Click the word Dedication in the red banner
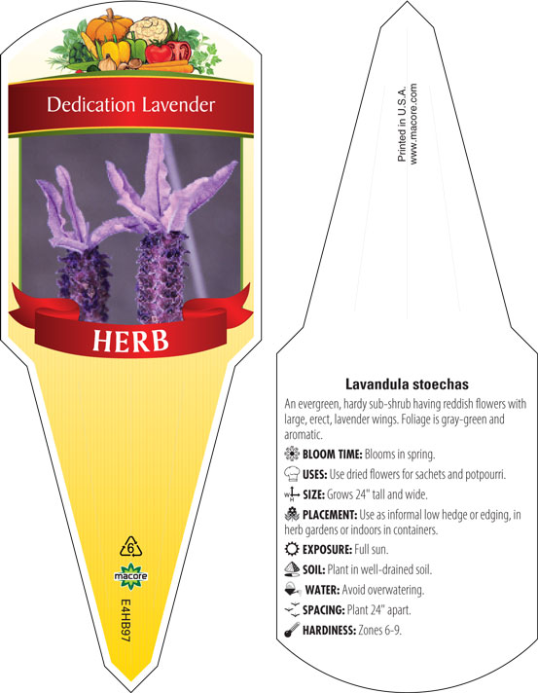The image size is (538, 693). click(x=91, y=105)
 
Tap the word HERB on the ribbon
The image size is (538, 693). click(x=130, y=341)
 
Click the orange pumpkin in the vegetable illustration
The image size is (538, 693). click(x=109, y=26)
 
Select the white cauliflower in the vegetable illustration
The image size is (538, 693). click(x=149, y=28)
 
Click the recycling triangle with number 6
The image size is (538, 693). click(x=130, y=547)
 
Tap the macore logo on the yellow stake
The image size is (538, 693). click(x=130, y=576)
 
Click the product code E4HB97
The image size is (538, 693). click(x=126, y=621)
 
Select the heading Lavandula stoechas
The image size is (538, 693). click(x=407, y=384)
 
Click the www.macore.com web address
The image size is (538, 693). click(x=413, y=125)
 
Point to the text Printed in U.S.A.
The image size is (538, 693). click(x=402, y=125)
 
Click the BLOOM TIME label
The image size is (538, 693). click(x=333, y=454)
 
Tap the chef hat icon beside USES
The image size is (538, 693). click(x=292, y=473)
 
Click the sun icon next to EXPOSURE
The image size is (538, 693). click(x=292, y=549)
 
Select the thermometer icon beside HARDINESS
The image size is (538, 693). click(x=292, y=630)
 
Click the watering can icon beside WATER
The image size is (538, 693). click(x=292, y=589)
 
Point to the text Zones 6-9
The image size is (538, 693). click(x=379, y=630)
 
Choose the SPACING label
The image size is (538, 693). click(x=323, y=610)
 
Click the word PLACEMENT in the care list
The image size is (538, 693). click(x=330, y=515)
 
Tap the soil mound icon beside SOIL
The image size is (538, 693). click(x=292, y=568)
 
